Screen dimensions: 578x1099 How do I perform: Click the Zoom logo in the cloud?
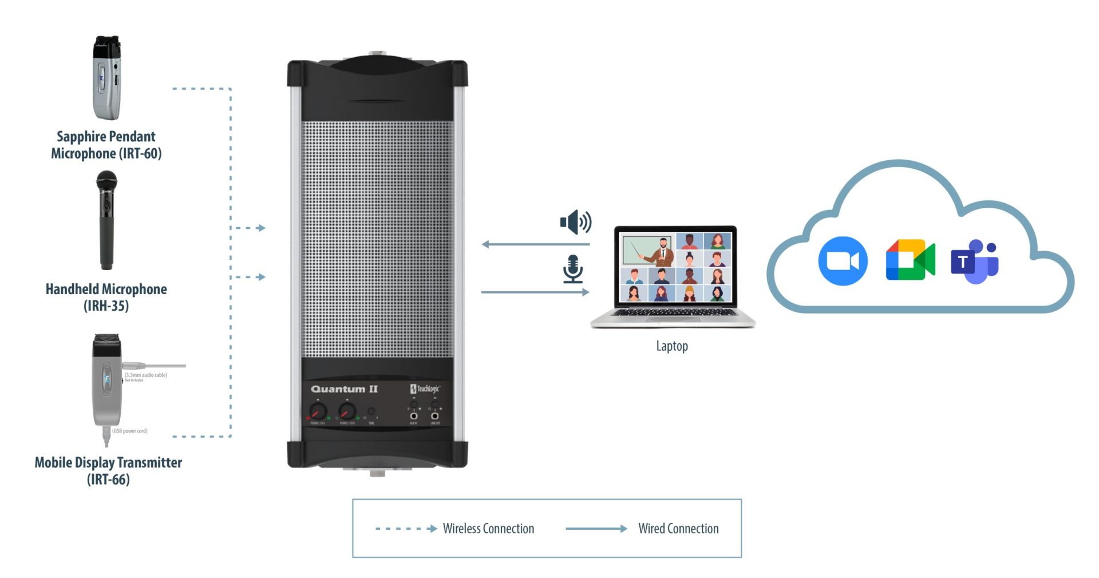[843, 260]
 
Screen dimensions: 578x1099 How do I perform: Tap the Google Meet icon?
[910, 260]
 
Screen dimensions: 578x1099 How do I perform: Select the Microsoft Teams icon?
[975, 262]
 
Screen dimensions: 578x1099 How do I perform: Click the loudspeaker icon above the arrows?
[575, 222]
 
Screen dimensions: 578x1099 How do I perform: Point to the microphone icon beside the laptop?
[572, 269]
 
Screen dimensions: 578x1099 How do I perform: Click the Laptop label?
[672, 346]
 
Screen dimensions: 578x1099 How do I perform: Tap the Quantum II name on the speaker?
[344, 389]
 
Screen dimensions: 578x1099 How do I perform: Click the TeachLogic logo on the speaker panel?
[425, 389]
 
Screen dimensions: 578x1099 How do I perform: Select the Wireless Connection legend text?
[488, 528]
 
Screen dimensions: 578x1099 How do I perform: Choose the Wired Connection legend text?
[678, 528]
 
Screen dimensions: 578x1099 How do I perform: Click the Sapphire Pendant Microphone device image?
[107, 78]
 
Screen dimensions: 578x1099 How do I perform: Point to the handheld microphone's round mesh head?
[106, 181]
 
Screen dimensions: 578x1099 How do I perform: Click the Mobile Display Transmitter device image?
[107, 383]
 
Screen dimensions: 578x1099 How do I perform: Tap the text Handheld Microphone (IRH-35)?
[106, 297]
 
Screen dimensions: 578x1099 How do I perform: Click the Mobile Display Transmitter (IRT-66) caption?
[108, 470]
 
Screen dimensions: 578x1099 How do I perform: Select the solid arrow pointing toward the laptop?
[535, 292]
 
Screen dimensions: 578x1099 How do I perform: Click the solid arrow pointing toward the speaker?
[535, 244]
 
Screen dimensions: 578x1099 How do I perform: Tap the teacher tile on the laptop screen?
[648, 250]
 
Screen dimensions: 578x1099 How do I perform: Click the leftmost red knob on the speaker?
[318, 411]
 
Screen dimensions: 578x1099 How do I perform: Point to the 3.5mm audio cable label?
[146, 375]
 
